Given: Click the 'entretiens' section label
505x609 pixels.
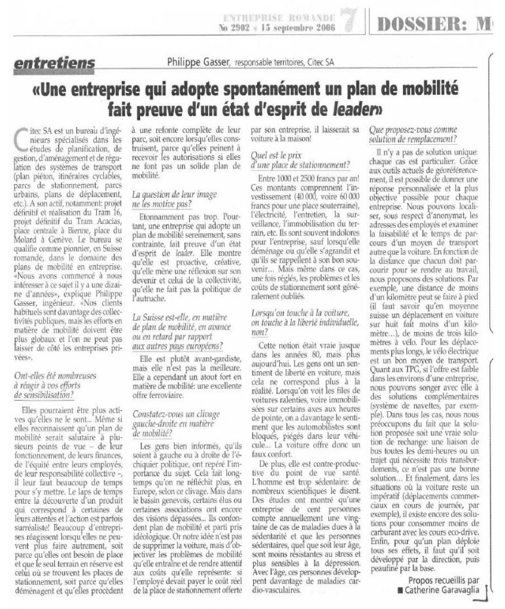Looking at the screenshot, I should [x=55, y=63].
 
